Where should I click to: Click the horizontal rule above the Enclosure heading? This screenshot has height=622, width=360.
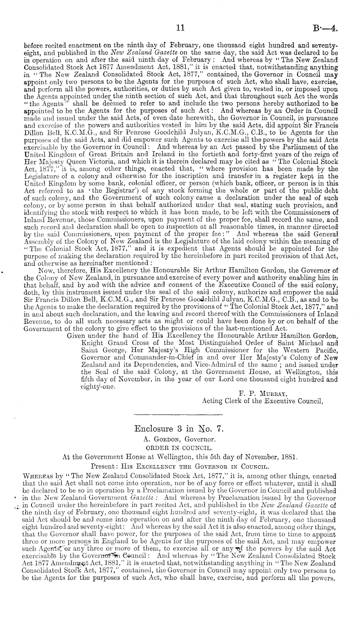click(x=178, y=415)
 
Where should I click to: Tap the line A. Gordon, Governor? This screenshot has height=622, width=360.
click(x=179, y=439)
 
